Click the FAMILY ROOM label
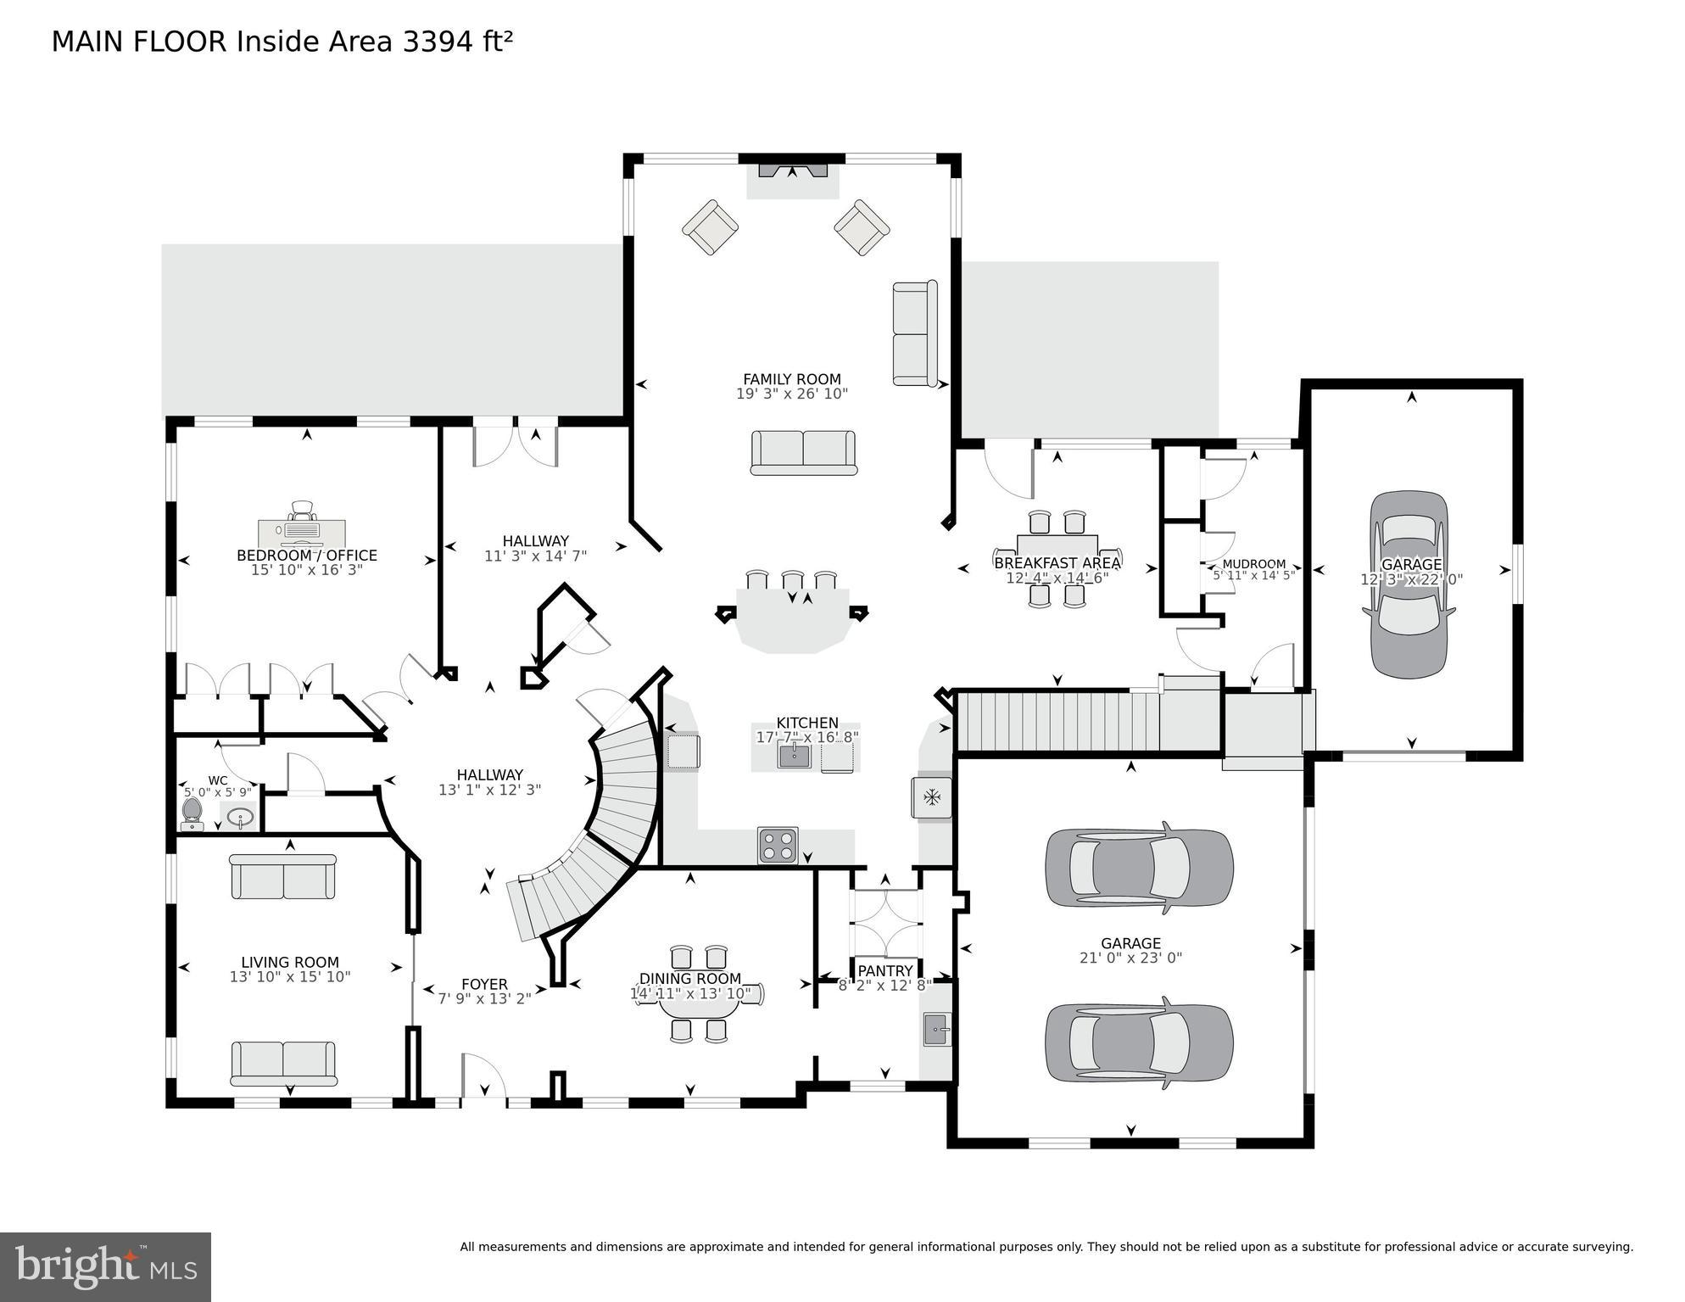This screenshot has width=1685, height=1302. (x=791, y=379)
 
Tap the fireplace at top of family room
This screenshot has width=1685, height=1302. (x=792, y=171)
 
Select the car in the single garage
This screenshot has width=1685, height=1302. (x=1409, y=584)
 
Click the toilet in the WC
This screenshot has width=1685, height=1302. (x=192, y=813)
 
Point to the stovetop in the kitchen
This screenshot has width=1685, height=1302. (x=778, y=845)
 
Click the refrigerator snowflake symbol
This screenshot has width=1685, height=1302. (x=931, y=797)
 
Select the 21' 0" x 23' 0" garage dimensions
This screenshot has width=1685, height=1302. (x=1130, y=958)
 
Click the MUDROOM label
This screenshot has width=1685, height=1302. (x=1253, y=564)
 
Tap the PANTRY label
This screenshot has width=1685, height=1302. (x=884, y=970)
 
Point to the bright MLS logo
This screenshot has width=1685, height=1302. (x=105, y=1266)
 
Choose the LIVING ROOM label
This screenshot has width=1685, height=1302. (x=289, y=962)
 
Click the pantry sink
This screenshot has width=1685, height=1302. (x=936, y=1030)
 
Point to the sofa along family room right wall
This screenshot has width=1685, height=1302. (x=914, y=333)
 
